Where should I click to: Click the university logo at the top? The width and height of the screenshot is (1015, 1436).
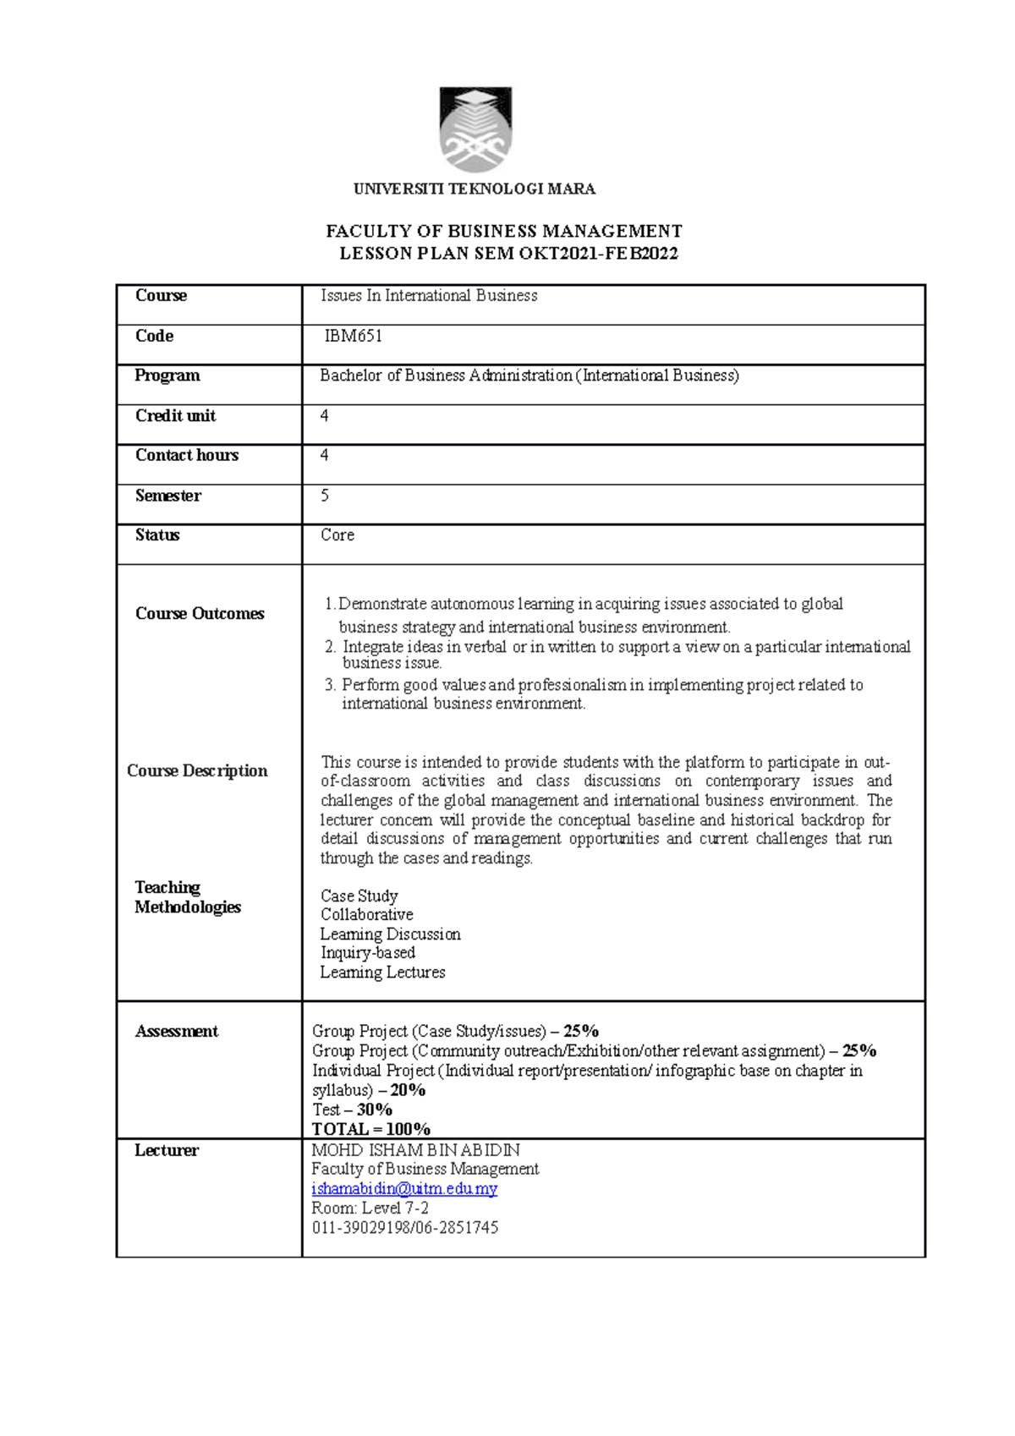[x=475, y=129]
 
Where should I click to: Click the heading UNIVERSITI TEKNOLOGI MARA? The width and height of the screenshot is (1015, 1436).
[x=474, y=189]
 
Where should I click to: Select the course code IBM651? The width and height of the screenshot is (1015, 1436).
[x=353, y=337]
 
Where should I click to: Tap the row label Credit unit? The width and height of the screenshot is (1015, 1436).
[x=175, y=416]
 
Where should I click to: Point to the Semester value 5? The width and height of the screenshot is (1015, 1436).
[x=325, y=496]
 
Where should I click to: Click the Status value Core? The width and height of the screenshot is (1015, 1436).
[x=337, y=535]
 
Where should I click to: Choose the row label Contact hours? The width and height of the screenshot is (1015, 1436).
[x=187, y=456]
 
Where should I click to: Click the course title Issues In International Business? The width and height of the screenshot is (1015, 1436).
[x=428, y=296]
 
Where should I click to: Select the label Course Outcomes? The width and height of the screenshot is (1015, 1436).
[x=200, y=614]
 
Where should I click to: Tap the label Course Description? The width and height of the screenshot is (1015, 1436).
[x=197, y=771]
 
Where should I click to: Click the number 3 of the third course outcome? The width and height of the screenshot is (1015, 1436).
[x=330, y=685]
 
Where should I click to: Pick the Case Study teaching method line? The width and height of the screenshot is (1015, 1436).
[x=359, y=896]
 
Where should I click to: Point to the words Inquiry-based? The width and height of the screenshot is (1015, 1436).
[x=367, y=953]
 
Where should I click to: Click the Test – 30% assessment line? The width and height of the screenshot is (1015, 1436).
[x=352, y=1110]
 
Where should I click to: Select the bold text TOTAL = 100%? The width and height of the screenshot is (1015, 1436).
[x=370, y=1129]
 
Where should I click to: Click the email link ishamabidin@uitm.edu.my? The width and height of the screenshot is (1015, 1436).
[x=404, y=1189]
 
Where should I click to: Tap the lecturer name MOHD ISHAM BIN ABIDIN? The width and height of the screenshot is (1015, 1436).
[x=415, y=1151]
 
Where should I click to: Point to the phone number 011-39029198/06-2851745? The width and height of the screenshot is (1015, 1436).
[x=405, y=1227]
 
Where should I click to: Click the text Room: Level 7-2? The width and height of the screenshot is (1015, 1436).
[x=370, y=1209]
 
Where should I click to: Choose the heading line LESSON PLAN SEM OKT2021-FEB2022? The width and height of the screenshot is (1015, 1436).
[x=508, y=254]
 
